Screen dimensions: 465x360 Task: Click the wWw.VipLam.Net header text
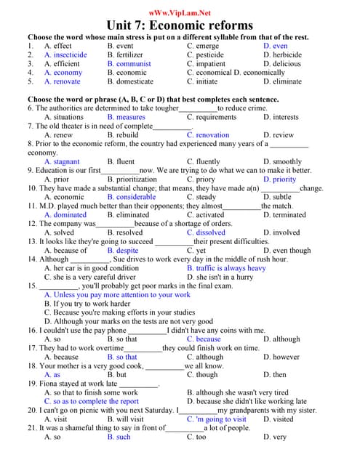180,12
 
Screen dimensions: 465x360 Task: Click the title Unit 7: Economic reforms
180,25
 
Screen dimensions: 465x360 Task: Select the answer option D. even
276,46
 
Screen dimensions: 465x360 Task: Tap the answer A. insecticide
65,54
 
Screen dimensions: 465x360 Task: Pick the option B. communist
129,63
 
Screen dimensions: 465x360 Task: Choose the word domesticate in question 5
135,81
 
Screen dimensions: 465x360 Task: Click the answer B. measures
126,117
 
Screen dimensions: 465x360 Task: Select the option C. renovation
207,135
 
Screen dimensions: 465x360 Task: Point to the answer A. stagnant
62,162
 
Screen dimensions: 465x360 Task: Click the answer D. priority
280,179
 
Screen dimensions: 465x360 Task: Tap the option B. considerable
131,197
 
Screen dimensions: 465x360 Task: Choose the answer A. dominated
65,215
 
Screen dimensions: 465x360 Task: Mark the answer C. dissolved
206,232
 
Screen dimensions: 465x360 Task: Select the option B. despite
122,251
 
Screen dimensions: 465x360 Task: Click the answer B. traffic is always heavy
226,268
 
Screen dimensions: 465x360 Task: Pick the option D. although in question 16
281,339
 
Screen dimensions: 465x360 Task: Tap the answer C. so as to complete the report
91,401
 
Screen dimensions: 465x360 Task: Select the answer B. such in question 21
119,437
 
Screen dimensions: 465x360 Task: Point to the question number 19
33,384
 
